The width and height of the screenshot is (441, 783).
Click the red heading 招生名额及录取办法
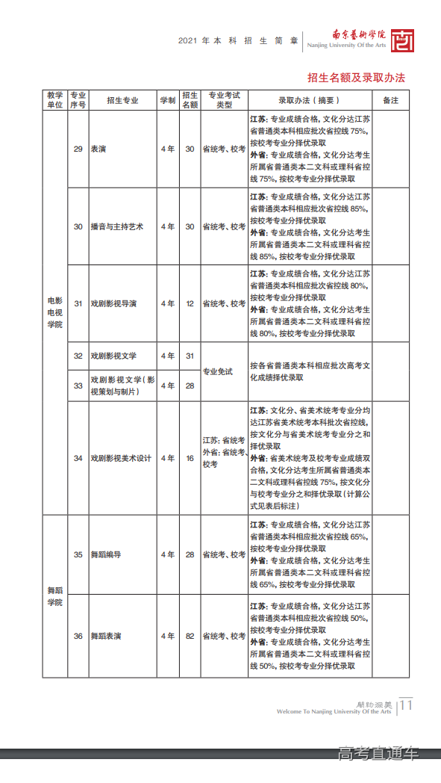coord(356,78)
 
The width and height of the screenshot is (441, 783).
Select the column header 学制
coord(168,100)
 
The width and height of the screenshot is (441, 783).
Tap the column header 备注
coord(390,100)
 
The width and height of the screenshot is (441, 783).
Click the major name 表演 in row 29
coord(98,149)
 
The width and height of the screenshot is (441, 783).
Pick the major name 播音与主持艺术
coord(116,226)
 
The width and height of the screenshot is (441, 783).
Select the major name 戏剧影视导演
coord(113,304)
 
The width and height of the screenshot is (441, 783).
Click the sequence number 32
coord(78,356)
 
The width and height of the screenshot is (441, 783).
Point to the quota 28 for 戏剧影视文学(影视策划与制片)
coord(190,386)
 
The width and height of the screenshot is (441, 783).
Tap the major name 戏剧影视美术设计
coord(121,458)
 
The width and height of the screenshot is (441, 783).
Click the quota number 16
coord(190,458)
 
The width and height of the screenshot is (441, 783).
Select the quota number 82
coord(190,636)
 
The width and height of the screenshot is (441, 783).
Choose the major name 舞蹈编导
coord(106,554)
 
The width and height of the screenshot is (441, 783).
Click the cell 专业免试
coord(218,371)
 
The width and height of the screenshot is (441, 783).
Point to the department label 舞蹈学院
coord(54,595)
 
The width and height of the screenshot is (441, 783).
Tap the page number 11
coord(407,705)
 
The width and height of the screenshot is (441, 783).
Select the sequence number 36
coord(78,636)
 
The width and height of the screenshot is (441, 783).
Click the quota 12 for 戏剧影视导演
coord(190,304)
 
